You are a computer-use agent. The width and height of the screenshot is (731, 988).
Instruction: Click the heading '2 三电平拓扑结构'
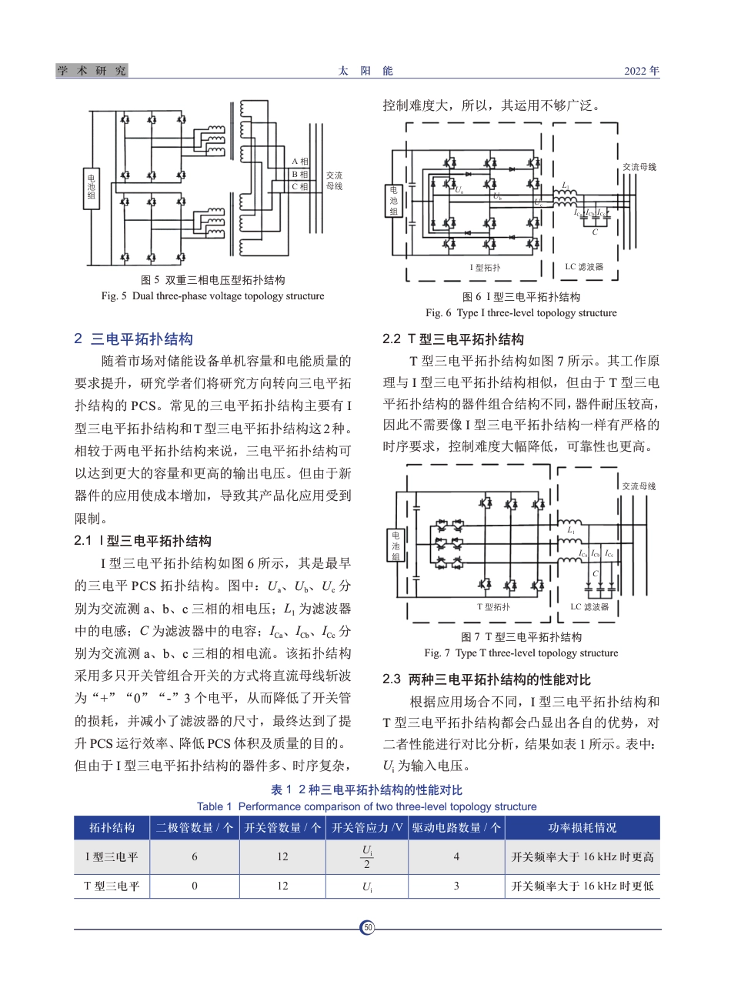click(133, 339)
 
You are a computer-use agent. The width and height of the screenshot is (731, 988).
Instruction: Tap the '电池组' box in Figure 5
click(92, 186)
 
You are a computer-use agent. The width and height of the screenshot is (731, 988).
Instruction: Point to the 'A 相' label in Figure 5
click(299, 162)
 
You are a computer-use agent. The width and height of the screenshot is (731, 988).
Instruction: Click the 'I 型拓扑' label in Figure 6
click(485, 268)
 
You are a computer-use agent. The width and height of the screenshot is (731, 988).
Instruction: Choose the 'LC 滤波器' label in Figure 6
click(584, 267)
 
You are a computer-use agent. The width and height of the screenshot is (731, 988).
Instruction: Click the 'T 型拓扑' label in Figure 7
click(493, 607)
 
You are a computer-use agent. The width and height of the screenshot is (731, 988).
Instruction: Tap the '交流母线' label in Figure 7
click(639, 486)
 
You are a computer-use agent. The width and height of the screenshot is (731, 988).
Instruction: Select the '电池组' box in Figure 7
click(396, 546)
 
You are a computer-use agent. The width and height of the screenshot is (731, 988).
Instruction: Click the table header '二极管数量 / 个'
click(195, 828)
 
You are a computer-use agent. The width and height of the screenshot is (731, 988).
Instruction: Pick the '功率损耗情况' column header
click(582, 828)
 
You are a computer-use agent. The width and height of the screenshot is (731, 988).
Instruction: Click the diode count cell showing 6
click(195, 856)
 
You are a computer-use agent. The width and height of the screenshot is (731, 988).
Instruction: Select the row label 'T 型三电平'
click(112, 886)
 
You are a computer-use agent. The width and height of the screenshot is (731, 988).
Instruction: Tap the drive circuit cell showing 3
click(456, 886)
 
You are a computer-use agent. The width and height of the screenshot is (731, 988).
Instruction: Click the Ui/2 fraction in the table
click(367, 856)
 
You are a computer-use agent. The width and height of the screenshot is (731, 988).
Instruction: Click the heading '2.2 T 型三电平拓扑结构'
click(453, 339)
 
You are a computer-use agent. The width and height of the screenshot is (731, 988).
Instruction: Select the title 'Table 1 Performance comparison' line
click(366, 806)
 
